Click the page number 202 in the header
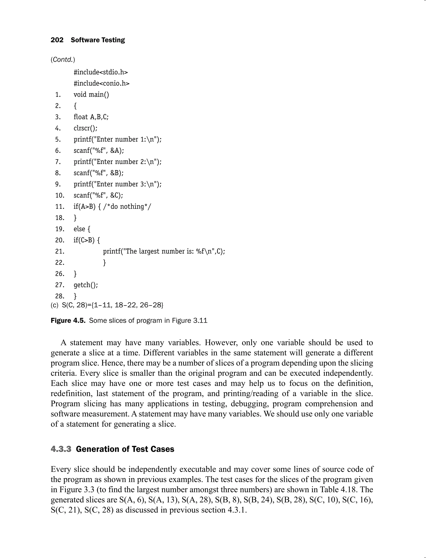(x=57, y=40)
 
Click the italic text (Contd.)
(x=63, y=60)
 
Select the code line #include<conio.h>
(x=102, y=83)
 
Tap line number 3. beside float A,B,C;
(x=58, y=117)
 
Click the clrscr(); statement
(x=85, y=128)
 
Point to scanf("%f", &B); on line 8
(x=99, y=173)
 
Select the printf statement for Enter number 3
(x=117, y=184)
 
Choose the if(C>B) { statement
(x=87, y=240)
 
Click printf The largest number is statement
(x=164, y=251)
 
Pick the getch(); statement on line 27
(x=86, y=285)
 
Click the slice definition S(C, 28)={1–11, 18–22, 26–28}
(x=113, y=305)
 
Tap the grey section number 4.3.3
(x=61, y=449)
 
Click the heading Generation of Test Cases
(x=125, y=449)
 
